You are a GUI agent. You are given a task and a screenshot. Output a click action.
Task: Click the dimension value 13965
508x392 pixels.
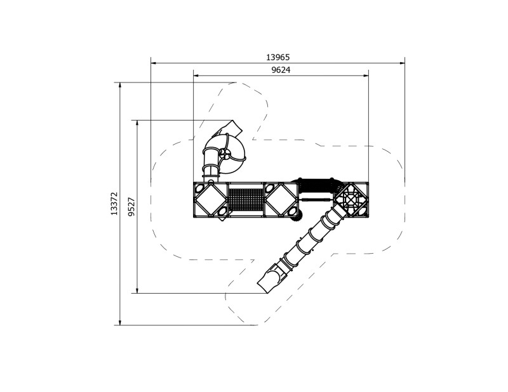[x=277, y=57]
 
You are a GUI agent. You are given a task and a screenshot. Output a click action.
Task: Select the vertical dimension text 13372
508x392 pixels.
[x=114, y=204]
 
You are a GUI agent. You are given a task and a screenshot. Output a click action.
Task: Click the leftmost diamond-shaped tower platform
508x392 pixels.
[x=210, y=200]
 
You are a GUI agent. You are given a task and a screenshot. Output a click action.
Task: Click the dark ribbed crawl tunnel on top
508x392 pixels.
[x=316, y=185]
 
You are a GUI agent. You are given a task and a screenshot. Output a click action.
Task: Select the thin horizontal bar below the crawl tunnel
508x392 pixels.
[x=316, y=199]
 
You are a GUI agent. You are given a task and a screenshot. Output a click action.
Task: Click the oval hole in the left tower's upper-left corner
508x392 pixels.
[x=199, y=188]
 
